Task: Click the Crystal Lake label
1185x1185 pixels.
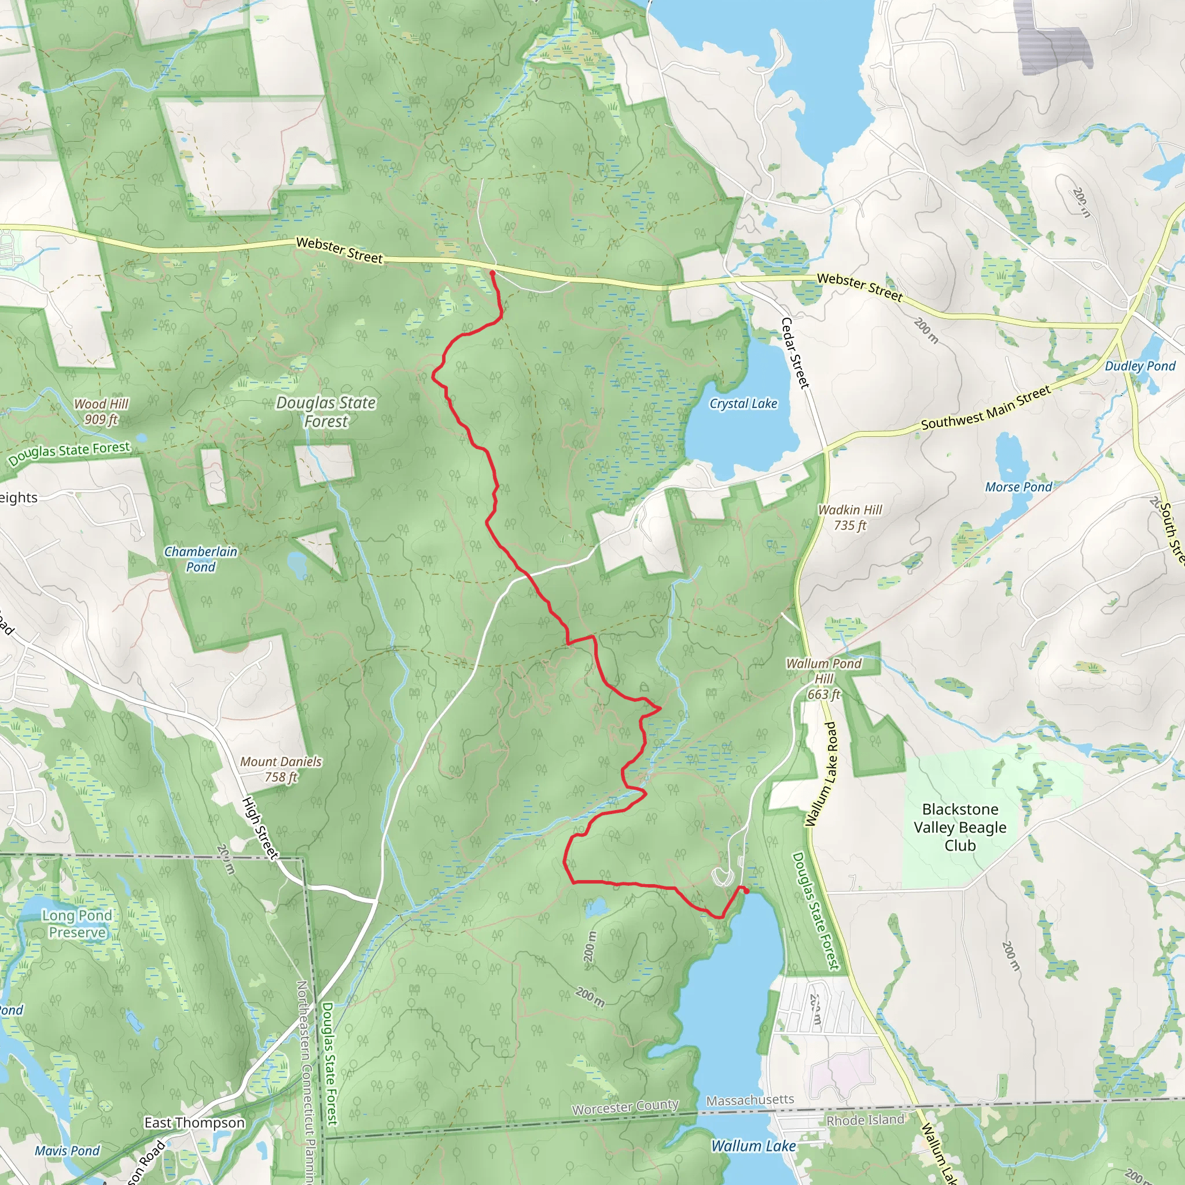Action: point(743,404)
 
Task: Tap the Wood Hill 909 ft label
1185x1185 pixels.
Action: point(101,411)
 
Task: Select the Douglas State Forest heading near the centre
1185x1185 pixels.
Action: point(326,411)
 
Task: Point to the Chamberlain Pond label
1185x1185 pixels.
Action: point(201,559)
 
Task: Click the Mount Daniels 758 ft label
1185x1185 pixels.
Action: point(280,769)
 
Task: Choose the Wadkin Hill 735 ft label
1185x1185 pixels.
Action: point(850,517)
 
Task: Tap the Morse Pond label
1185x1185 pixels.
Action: point(1018,487)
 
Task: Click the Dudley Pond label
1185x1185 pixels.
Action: point(1140,366)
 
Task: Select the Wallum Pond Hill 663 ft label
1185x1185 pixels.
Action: point(824,678)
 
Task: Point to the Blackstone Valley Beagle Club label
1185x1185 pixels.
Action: point(960,827)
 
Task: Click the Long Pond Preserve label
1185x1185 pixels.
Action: point(78,923)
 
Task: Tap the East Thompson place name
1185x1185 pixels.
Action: point(194,1123)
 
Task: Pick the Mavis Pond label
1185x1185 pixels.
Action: point(67,1151)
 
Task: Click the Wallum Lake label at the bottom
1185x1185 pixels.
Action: point(753,1146)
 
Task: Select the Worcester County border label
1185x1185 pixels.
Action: point(625,1106)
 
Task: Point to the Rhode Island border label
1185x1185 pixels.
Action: point(865,1120)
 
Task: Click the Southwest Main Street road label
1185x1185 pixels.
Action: point(985,408)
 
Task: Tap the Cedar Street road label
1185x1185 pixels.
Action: point(796,353)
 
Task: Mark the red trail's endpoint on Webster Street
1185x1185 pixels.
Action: point(492,273)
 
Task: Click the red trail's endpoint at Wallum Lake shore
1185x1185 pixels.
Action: point(746,890)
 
